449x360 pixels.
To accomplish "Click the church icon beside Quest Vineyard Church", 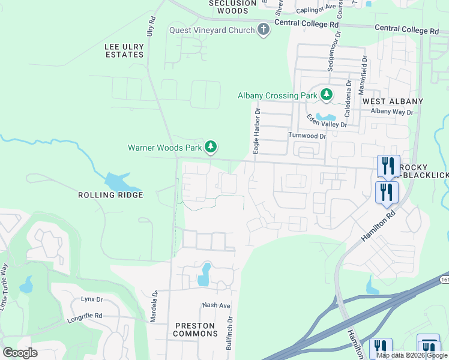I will (x=263, y=29).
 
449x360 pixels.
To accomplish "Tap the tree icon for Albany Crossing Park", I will (x=326, y=94).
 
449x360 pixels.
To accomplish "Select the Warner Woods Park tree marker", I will (x=210, y=146).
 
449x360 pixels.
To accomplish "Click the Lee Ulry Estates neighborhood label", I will (x=124, y=50).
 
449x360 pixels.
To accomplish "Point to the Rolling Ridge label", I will (x=110, y=195).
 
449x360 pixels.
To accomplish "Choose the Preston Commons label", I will (x=194, y=329).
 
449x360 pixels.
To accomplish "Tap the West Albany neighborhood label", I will (x=393, y=101).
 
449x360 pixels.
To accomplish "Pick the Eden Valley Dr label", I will (x=327, y=121).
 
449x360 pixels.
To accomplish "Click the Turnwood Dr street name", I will (x=307, y=136).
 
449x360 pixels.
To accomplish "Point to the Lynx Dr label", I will (x=92, y=299).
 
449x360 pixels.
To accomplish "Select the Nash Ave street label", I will (x=216, y=305).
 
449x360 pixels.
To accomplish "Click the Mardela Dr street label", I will (x=154, y=307).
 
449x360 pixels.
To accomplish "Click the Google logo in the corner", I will (x=20, y=352).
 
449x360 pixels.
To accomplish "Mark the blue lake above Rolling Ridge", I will (x=116, y=181).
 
